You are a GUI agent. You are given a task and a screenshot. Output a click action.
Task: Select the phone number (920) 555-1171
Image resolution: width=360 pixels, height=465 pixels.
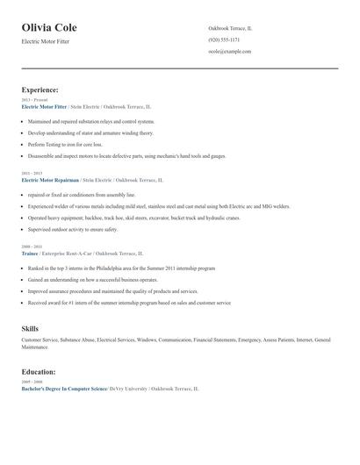coord(224,39)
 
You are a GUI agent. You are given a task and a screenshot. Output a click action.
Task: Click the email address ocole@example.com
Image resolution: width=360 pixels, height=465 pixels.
coord(230,51)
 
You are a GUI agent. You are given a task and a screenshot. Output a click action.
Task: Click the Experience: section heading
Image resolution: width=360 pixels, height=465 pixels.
coord(40,89)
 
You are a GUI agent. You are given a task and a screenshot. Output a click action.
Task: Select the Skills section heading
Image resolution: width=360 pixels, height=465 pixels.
coord(30,328)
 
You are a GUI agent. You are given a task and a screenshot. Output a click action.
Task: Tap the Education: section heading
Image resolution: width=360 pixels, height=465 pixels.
coord(39,371)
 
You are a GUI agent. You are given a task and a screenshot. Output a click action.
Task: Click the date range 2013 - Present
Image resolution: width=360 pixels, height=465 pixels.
coord(35,100)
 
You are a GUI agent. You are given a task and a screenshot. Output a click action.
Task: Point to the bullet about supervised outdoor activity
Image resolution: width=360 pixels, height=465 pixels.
coord(72,229)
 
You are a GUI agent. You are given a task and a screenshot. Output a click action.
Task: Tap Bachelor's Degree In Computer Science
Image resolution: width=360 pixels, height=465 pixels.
coord(64,388)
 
